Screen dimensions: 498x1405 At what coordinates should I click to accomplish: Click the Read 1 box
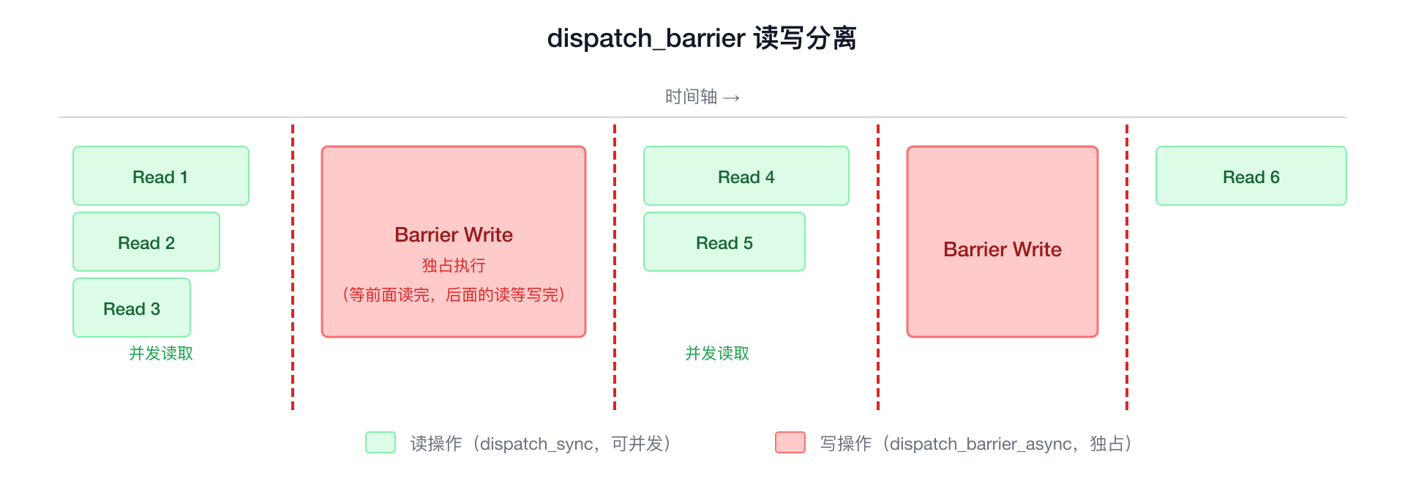pyautogui.click(x=161, y=176)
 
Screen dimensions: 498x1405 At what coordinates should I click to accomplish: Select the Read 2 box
pyautogui.click(x=146, y=242)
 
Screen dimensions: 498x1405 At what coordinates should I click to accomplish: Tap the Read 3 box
pyautogui.click(x=132, y=308)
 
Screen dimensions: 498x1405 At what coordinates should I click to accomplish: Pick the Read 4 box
pyautogui.click(x=746, y=176)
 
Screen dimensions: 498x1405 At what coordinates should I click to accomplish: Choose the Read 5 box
pyautogui.click(x=724, y=242)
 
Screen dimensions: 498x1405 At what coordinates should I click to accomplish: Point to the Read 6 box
pyautogui.click(x=1251, y=176)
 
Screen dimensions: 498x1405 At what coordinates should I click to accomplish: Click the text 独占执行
pyautogui.click(x=454, y=265)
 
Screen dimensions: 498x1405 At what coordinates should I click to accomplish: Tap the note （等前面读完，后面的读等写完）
pyautogui.click(x=454, y=295)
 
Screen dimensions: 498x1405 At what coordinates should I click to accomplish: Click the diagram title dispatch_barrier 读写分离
pyautogui.click(x=702, y=38)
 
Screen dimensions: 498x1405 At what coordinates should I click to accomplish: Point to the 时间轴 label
pyautogui.click(x=691, y=97)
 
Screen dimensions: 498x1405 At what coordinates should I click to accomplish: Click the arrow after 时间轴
pyautogui.click(x=732, y=97)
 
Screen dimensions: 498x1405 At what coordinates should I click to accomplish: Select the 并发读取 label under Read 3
pyautogui.click(x=161, y=354)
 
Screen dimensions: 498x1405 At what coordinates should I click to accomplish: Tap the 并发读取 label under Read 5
pyautogui.click(x=717, y=354)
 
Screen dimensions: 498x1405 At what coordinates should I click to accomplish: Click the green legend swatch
pyautogui.click(x=381, y=442)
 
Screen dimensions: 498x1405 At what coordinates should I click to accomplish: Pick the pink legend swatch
pyautogui.click(x=790, y=442)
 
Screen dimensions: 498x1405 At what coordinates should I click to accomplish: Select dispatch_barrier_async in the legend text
pyautogui.click(x=981, y=445)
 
